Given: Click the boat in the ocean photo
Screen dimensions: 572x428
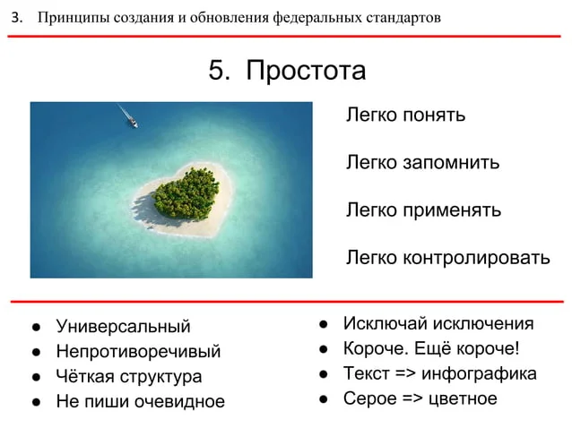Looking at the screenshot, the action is point(133,122).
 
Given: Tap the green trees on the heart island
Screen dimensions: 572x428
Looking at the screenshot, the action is point(186,193).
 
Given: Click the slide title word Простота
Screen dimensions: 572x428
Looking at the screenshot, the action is point(306,70).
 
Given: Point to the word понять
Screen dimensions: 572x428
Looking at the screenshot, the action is point(434,116).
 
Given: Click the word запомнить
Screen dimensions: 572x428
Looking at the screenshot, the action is point(451,163).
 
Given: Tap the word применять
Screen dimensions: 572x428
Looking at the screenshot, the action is point(452,210).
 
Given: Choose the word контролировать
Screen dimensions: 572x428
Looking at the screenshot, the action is point(476,258).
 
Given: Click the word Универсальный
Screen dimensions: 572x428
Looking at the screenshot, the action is point(124,326).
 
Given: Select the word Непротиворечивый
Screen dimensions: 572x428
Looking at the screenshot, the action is point(138,352).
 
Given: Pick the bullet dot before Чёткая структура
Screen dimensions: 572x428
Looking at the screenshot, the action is point(36,377).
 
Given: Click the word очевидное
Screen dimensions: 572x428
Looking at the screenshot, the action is point(179,402).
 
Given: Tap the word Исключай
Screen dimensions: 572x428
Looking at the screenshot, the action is point(386,323).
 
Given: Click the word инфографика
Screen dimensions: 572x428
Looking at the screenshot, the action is point(479,373).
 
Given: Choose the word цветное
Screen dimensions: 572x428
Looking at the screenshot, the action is point(463,399).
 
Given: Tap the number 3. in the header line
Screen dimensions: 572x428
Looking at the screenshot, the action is point(17,17).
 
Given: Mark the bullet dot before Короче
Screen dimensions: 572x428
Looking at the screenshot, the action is point(324,349).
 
